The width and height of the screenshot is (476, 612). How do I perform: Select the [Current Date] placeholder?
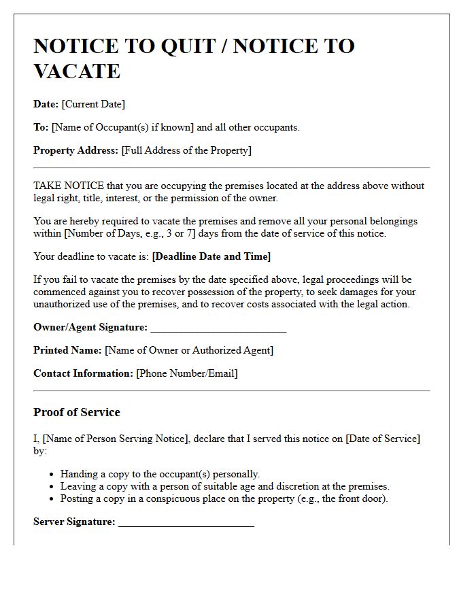93,104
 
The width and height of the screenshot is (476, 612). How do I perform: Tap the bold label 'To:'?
41,127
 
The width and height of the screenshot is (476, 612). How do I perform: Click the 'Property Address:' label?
75,150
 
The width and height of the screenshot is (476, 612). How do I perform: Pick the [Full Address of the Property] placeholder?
186,150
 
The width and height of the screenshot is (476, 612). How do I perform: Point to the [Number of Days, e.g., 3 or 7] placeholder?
132,233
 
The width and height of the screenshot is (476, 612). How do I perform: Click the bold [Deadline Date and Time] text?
211,256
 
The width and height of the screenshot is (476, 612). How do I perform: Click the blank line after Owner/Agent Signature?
218,328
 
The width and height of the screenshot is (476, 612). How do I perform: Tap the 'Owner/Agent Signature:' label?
90,327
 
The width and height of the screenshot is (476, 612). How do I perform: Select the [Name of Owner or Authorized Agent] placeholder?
189,350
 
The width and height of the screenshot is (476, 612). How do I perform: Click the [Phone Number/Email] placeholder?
187,373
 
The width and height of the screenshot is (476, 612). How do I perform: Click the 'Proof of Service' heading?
77,412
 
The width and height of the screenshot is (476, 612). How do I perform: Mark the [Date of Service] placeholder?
383,439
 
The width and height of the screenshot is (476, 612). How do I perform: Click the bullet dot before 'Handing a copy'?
52,475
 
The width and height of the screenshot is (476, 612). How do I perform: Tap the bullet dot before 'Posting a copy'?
52,499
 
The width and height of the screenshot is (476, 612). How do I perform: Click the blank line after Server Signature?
186,522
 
